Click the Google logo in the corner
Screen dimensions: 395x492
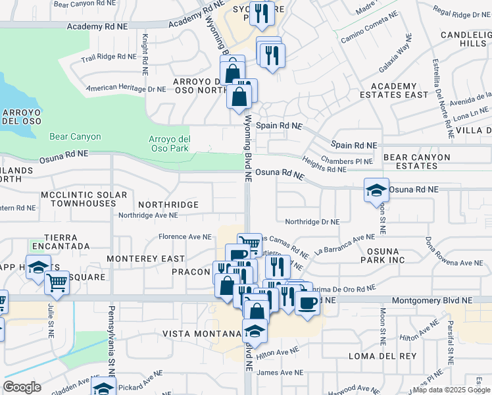coord(22,387)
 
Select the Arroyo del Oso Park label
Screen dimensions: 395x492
coord(170,143)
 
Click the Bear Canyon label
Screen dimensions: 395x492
coord(75,137)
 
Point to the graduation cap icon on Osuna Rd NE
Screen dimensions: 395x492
coord(376,191)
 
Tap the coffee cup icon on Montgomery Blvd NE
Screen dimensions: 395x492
coord(307,303)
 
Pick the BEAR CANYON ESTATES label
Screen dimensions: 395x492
coord(417,162)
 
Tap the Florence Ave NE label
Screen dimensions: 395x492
coord(185,236)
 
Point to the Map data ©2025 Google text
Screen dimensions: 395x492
coord(451,390)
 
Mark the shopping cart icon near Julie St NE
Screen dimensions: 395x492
coord(57,284)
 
